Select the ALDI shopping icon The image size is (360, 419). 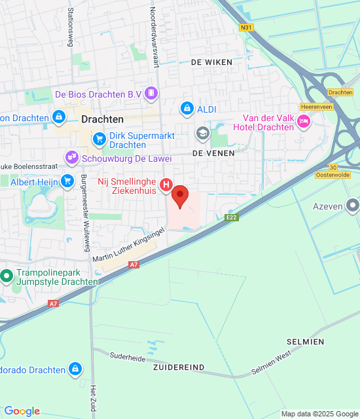coord(187,108)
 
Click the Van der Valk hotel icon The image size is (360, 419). coord(304,120)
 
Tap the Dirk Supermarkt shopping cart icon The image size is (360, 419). coord(99,138)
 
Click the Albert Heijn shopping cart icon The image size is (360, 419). coord(66,181)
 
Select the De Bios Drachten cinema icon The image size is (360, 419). coord(152,94)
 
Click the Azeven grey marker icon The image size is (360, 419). coord(353,206)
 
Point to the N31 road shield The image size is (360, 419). coord(246,27)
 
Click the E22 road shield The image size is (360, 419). coord(230,217)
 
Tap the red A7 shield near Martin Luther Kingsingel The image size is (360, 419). coord(134,264)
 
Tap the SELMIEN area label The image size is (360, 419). coord(305,342)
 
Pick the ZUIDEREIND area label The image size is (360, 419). coord(180,367)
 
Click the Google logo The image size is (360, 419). coord(22,411)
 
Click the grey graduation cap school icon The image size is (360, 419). coord(203,133)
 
